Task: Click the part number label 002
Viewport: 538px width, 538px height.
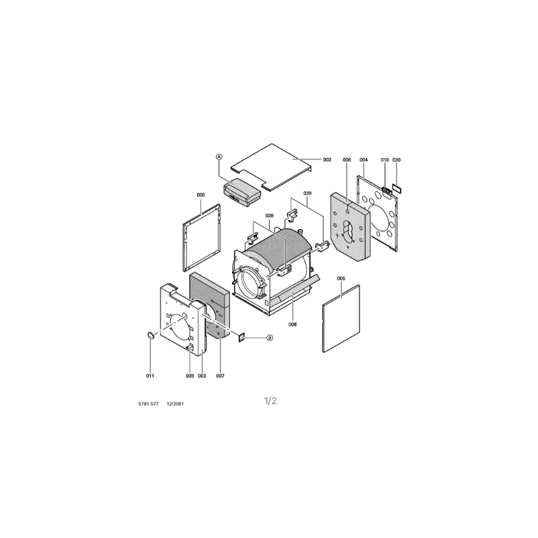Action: pyautogui.click(x=327, y=159)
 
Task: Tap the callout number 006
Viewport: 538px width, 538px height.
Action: pyautogui.click(x=347, y=159)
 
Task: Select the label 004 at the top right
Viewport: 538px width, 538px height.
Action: pyautogui.click(x=364, y=159)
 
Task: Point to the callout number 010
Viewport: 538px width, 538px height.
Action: pyautogui.click(x=385, y=159)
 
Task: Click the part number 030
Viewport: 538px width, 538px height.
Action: pyautogui.click(x=396, y=159)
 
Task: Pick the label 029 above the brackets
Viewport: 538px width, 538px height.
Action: pyautogui.click(x=307, y=193)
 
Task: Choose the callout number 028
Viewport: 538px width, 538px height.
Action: pyautogui.click(x=270, y=215)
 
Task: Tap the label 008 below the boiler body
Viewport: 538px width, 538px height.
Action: pyautogui.click(x=293, y=324)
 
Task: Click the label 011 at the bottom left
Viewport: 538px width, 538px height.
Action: pyautogui.click(x=150, y=376)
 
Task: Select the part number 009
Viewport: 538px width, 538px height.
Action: pyautogui.click(x=190, y=376)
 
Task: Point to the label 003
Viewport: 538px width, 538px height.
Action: pyautogui.click(x=202, y=376)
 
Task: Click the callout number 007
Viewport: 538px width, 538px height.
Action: pyautogui.click(x=221, y=376)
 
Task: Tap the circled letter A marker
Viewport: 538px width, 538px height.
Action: pyautogui.click(x=219, y=157)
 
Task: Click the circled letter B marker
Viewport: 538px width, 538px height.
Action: pyautogui.click(x=270, y=338)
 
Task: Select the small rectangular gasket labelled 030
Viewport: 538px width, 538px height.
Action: pyautogui.click(x=397, y=188)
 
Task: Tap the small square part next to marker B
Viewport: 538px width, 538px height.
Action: pyautogui.click(x=241, y=338)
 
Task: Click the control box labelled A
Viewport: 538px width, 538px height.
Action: pyautogui.click(x=242, y=192)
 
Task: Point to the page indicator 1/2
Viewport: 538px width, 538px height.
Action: pyautogui.click(x=270, y=401)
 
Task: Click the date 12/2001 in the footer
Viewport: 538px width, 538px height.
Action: pyautogui.click(x=175, y=404)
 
